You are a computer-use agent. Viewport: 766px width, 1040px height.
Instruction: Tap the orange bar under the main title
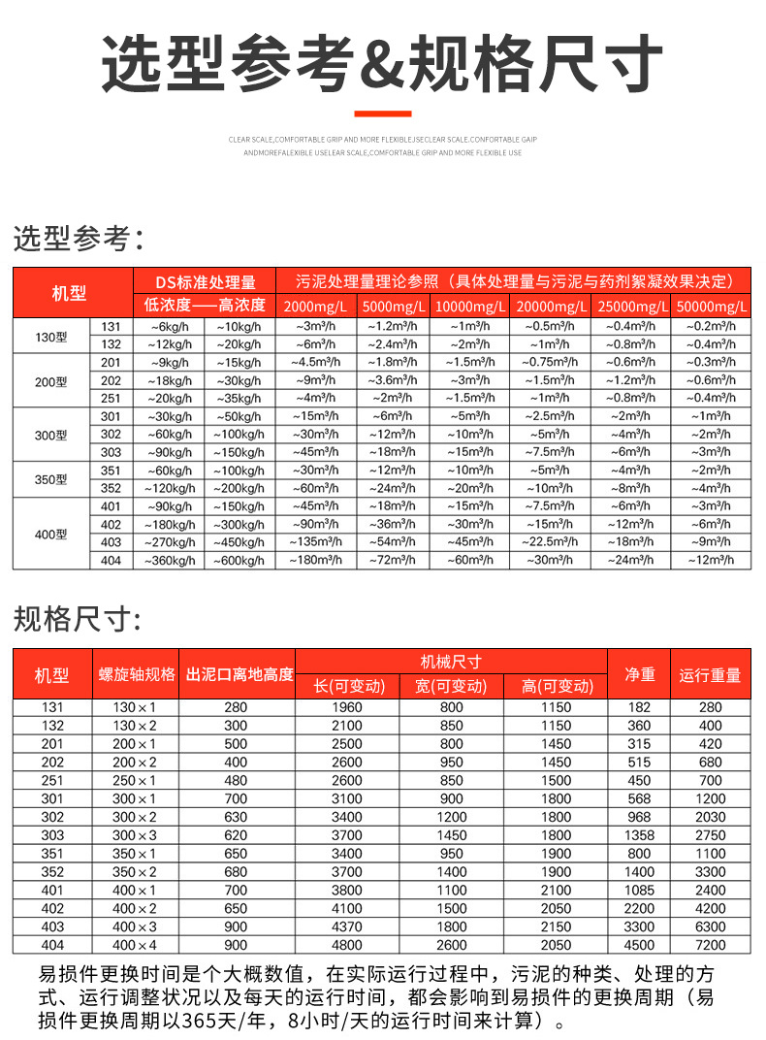pos(382,114)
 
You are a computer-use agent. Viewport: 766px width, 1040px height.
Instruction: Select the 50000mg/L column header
pos(711,307)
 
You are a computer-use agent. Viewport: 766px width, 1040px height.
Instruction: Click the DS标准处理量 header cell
pos(206,281)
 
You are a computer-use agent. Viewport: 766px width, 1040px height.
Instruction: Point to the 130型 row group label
pos(50,336)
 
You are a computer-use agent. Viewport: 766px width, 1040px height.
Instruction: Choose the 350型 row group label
pos(50,479)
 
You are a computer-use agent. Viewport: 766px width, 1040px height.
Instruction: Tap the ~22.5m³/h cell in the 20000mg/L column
pos(550,542)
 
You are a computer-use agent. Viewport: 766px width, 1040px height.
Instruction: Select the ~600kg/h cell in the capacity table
pos(239,560)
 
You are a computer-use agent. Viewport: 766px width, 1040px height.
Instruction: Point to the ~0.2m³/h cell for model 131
pos(711,327)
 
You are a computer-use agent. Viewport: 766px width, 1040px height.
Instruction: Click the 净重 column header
pos(639,674)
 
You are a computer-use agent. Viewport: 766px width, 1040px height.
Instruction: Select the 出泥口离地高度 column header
pos(239,674)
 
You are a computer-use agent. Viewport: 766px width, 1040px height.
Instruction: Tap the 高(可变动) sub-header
pos(557,687)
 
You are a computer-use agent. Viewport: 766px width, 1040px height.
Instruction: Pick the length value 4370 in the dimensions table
pos(346,926)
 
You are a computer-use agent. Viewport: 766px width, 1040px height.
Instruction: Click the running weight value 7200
pos(710,945)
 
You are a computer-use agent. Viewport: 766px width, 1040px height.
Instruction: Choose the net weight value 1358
pos(639,835)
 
